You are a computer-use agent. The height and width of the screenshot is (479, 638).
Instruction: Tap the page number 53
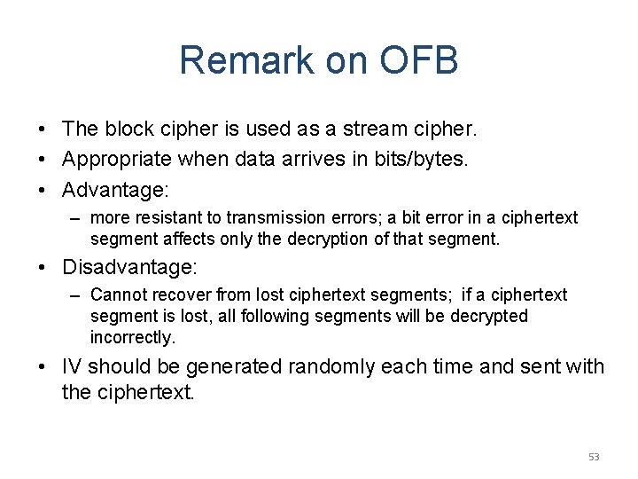tap(594, 457)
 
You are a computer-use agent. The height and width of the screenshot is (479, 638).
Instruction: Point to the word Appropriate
tap(116, 159)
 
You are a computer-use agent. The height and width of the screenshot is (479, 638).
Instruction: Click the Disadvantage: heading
tap(129, 266)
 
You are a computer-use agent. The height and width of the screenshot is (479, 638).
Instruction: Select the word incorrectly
tap(132, 337)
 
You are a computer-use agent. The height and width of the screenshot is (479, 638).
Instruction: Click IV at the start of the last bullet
tap(72, 367)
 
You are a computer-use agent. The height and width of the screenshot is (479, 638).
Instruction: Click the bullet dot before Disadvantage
tap(43, 267)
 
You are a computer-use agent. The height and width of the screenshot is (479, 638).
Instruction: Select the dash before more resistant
tap(74, 218)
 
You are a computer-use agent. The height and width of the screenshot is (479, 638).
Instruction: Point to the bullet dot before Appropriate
tap(43, 160)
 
